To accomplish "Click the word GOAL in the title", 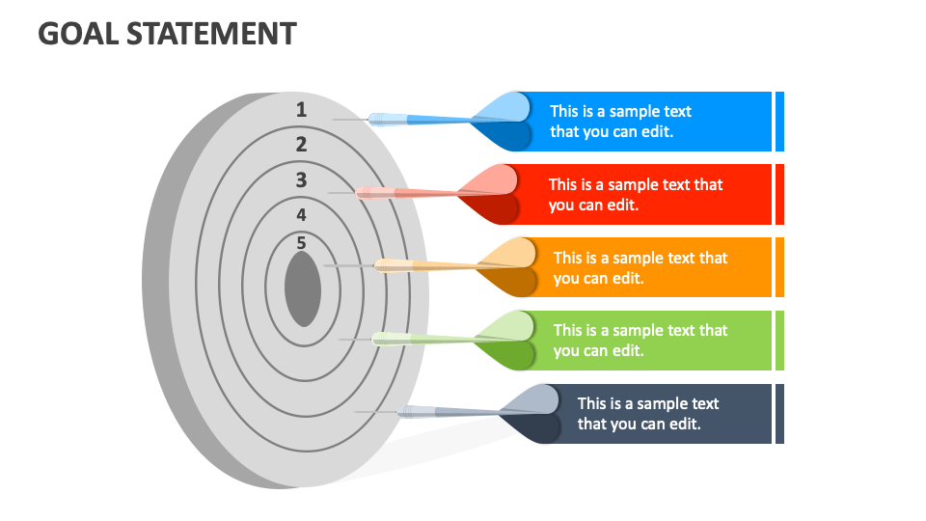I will [x=76, y=34].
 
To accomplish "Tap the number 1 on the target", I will [x=301, y=110].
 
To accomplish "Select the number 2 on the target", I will [x=301, y=145].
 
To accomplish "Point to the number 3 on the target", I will [x=301, y=179].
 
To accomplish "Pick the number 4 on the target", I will [x=301, y=214].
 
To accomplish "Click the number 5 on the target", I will [x=301, y=242].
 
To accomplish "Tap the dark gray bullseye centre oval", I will [x=303, y=288].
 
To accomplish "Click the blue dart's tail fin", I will [x=505, y=121].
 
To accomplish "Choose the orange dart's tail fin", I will [x=507, y=266].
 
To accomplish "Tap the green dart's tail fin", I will [x=507, y=340].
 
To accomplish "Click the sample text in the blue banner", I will [x=620, y=122].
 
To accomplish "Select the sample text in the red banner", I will [x=635, y=195].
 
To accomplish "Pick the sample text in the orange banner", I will [x=640, y=267].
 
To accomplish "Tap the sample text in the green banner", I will [x=640, y=341].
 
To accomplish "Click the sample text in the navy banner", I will [x=647, y=413].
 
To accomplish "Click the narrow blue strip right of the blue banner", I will [x=779, y=122].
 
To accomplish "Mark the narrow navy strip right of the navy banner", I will [x=779, y=414].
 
